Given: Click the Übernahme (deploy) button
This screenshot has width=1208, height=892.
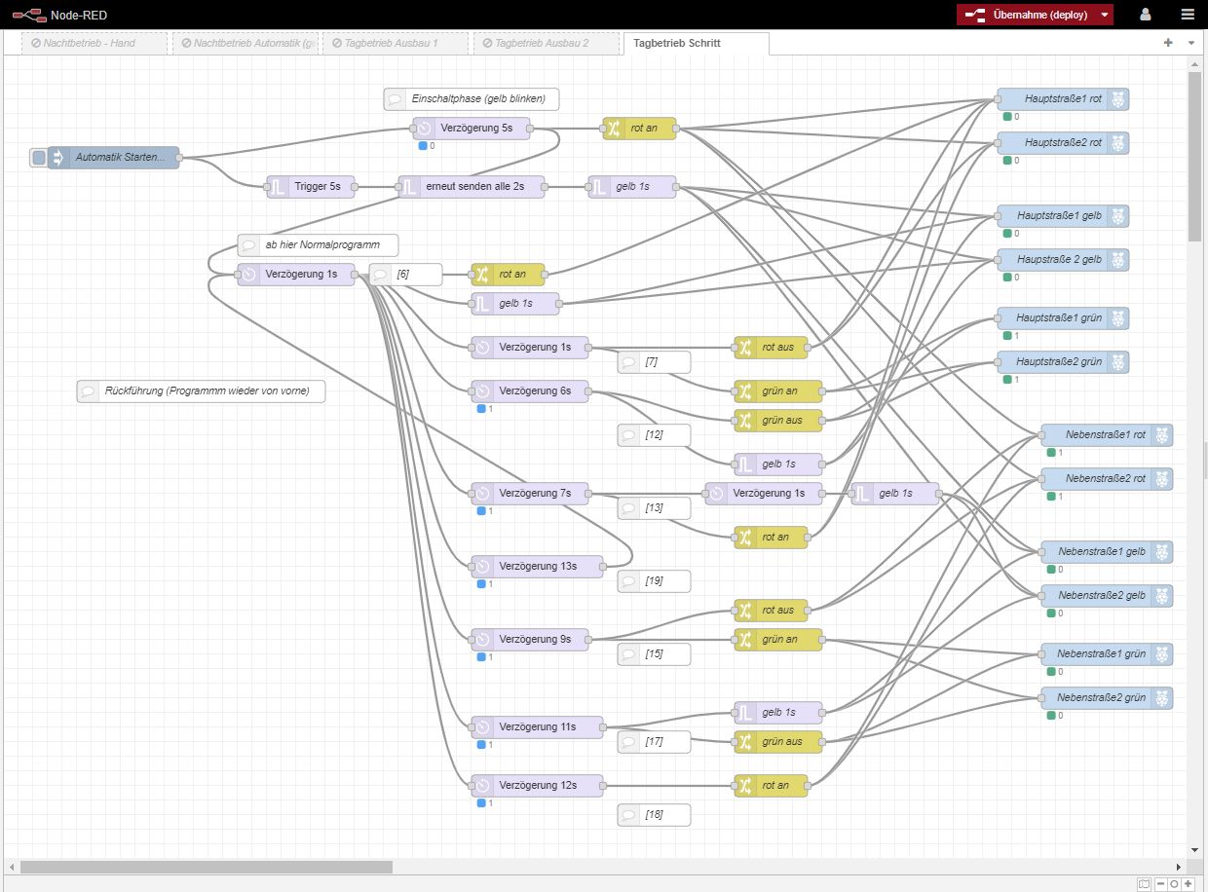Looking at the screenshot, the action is click(x=1035, y=15).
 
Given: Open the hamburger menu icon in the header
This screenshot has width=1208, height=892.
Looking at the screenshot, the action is click(x=1188, y=15).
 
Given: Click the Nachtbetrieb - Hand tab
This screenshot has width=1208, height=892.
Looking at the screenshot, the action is click(x=94, y=44).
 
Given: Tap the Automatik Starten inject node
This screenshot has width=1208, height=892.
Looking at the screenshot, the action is click(x=113, y=158).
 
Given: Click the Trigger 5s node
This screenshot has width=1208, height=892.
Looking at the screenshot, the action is click(x=311, y=187).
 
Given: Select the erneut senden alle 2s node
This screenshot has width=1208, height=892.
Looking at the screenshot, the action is click(x=472, y=187).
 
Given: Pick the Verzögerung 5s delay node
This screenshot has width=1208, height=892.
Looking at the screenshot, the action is click(x=472, y=129).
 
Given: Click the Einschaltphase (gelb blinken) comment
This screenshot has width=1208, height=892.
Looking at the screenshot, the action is click(x=472, y=99).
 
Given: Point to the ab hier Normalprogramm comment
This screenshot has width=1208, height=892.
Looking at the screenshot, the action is click(x=318, y=245).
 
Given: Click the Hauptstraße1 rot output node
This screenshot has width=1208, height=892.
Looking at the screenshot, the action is click(x=1063, y=99).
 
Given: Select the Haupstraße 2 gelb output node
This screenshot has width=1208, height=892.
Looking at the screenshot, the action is click(x=1063, y=260).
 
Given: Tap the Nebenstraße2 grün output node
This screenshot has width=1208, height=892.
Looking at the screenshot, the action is click(x=1107, y=698).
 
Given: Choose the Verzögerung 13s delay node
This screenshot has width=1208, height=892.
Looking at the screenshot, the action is click(x=537, y=567).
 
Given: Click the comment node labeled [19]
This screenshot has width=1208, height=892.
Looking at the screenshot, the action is click(x=654, y=581).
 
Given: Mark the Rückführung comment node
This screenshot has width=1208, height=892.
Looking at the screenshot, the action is click(x=201, y=391).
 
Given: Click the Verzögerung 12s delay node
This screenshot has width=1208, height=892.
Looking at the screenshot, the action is click(x=537, y=786).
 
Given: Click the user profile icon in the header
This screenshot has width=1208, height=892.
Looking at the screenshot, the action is click(x=1146, y=15).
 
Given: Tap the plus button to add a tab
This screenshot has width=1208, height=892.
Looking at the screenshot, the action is click(x=1168, y=43).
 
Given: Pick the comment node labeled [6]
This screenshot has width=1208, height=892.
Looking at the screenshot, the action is click(x=406, y=275).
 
